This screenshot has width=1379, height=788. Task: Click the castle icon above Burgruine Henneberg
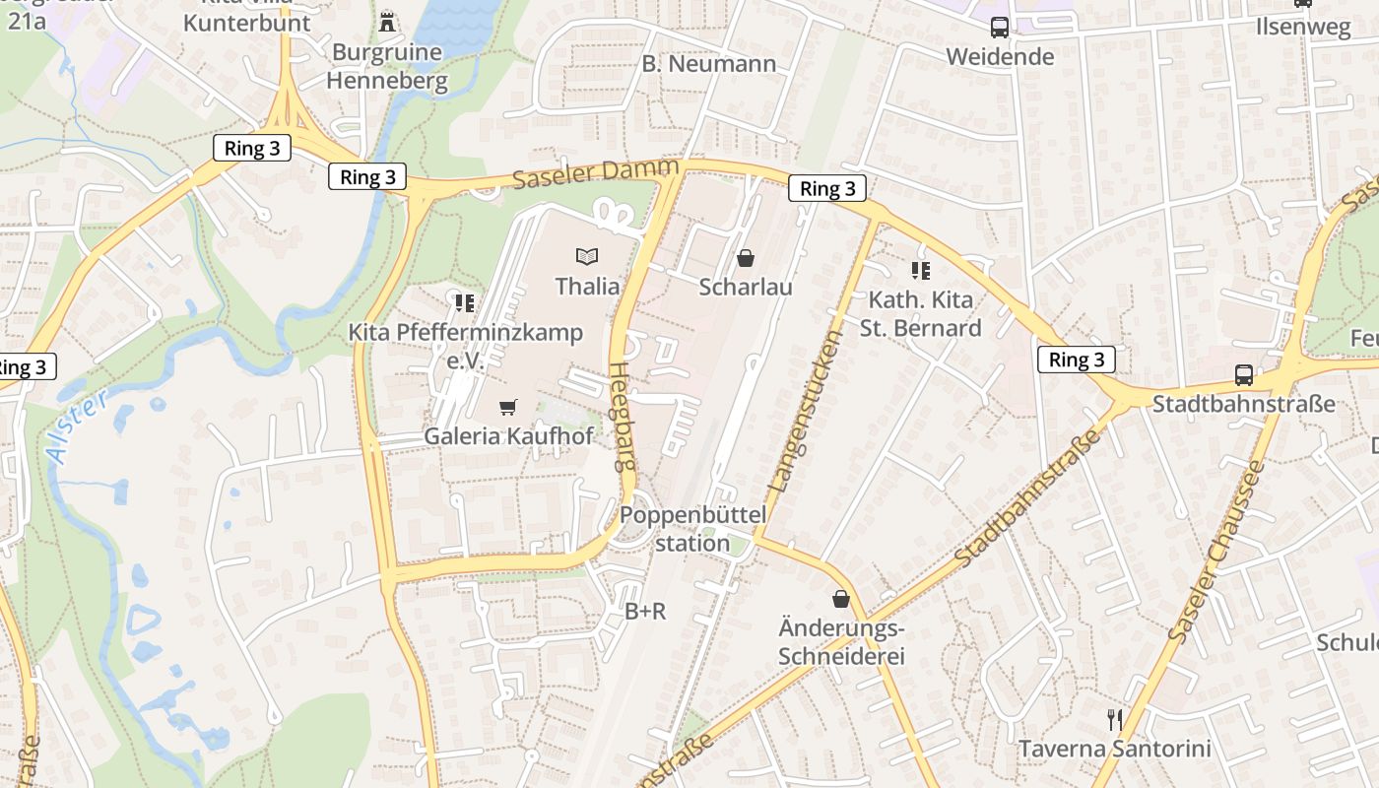click(x=388, y=21)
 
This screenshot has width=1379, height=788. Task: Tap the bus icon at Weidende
click(x=1000, y=28)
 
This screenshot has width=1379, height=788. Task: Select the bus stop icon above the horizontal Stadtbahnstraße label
click(x=1244, y=375)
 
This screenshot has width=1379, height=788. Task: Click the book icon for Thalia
click(x=587, y=257)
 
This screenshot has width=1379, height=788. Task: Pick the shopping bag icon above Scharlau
click(x=746, y=258)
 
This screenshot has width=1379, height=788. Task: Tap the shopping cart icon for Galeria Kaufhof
click(x=508, y=407)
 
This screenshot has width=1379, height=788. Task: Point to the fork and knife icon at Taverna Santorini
click(x=1115, y=720)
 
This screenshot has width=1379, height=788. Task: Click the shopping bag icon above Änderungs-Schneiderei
click(x=841, y=598)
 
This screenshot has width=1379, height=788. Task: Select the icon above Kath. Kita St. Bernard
click(x=921, y=271)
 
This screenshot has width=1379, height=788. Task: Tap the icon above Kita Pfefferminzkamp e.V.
click(x=465, y=302)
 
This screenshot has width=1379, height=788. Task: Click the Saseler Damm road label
click(x=596, y=175)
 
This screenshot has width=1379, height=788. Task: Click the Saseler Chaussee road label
click(x=1215, y=552)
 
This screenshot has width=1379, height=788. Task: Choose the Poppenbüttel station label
click(x=692, y=529)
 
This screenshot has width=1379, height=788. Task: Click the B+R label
click(x=645, y=612)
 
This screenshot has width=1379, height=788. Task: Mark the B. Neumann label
click(x=709, y=64)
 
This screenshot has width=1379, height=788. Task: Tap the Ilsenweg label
click(x=1303, y=27)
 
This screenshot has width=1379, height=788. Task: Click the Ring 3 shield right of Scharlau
click(x=827, y=189)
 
